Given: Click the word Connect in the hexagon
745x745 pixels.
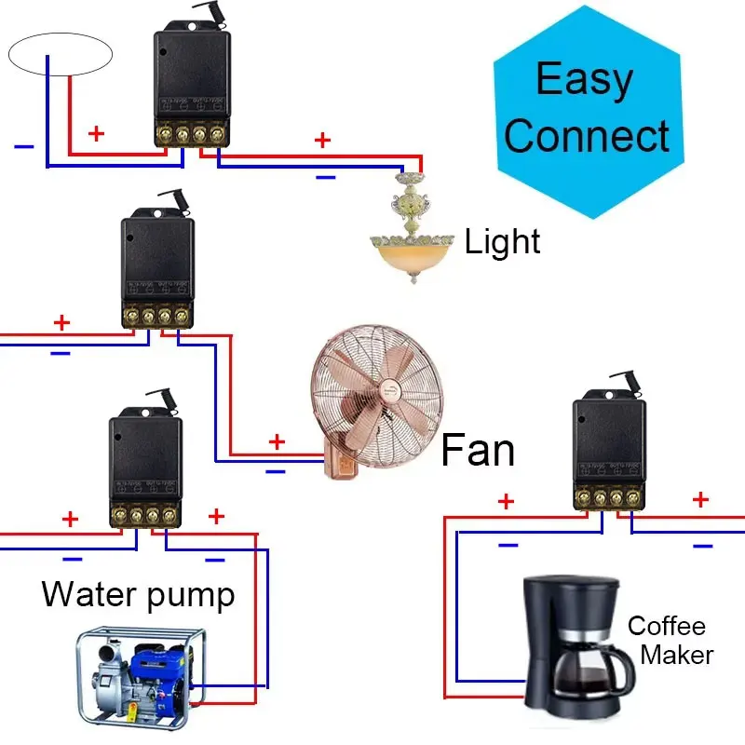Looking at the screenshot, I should pyautogui.click(x=587, y=136).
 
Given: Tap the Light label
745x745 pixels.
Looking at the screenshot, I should pyautogui.click(x=503, y=242).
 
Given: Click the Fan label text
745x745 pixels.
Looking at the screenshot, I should pyautogui.click(x=477, y=450).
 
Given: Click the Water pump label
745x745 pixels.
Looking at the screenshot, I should pyautogui.click(x=139, y=593).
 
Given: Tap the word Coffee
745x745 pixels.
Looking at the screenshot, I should pyautogui.click(x=667, y=626).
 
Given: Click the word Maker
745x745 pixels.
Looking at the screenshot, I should pyautogui.click(x=677, y=654).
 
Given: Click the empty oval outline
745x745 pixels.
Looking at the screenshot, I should pyautogui.click(x=61, y=54).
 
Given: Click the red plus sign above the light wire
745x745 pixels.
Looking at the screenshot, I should pyautogui.click(x=322, y=141).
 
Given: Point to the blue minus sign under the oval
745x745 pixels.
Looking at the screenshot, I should pyautogui.click(x=24, y=146).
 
